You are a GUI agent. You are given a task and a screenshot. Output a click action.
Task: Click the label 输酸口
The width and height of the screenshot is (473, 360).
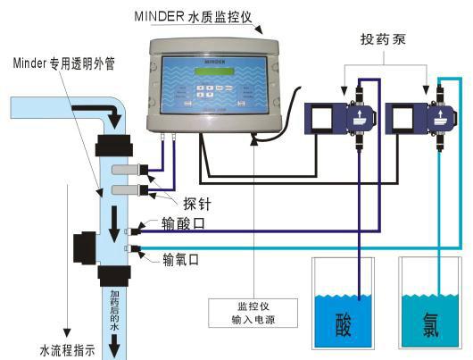point(182,225)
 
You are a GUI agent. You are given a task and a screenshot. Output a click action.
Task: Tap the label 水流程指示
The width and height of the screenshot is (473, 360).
point(67,350)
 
